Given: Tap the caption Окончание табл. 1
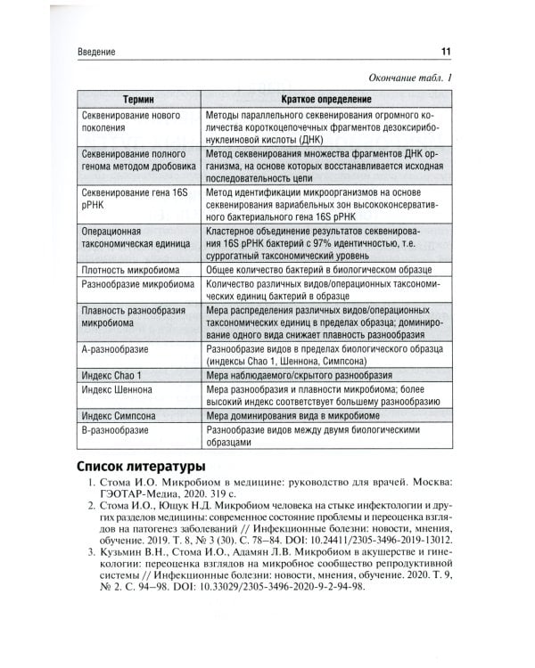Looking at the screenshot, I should pyautogui.click(x=405, y=78).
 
